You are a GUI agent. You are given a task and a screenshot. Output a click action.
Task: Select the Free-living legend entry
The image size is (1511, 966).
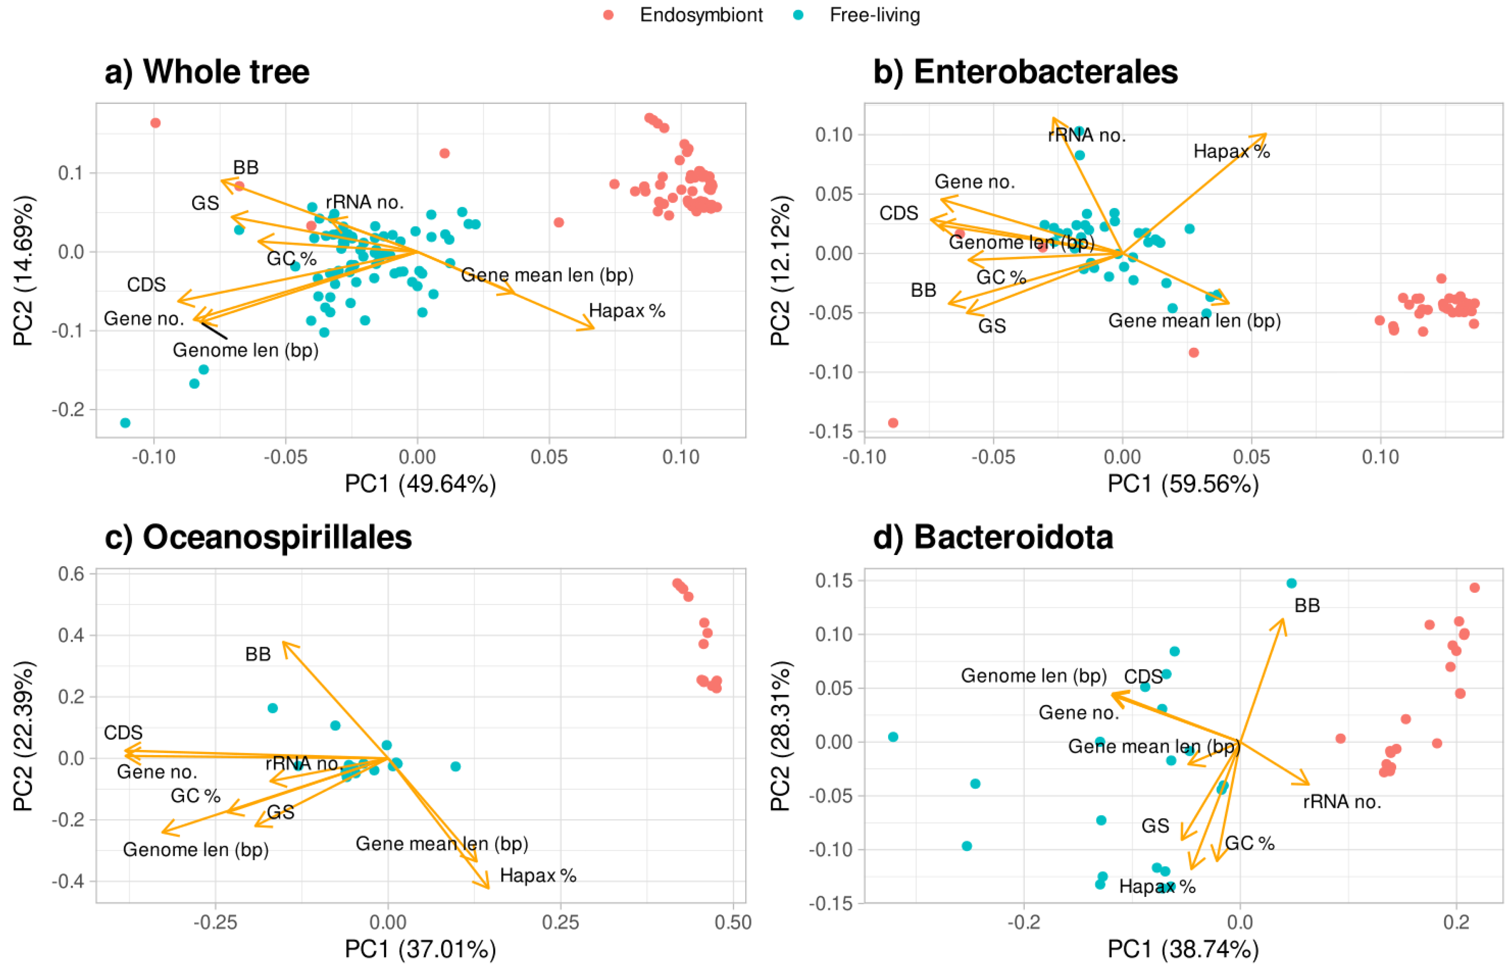[x=874, y=15]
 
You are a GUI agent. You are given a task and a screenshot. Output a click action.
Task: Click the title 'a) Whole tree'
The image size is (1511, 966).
[x=207, y=72]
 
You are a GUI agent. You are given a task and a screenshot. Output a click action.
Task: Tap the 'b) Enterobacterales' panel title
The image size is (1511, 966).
[x=1025, y=72]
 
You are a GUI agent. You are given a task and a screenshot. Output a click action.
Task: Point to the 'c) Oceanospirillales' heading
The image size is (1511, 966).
[x=258, y=537]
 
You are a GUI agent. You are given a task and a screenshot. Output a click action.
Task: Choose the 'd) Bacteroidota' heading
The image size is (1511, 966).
[x=993, y=537]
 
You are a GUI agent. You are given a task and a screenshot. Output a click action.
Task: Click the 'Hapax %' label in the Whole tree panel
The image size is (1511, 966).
[x=627, y=311]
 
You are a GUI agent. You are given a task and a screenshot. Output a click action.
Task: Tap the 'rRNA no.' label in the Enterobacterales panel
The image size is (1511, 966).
[x=1087, y=135]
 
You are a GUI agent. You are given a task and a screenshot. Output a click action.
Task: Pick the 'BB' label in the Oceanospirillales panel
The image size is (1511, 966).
[x=258, y=654]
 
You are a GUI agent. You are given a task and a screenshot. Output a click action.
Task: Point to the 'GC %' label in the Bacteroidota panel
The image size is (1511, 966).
[x=1249, y=843]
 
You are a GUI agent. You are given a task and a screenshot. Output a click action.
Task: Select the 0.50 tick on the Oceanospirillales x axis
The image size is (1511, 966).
[x=733, y=922]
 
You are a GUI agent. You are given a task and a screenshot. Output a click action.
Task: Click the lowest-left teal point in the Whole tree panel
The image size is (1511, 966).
[x=125, y=422]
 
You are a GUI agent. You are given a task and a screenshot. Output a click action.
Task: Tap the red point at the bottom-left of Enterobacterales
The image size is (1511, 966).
[x=893, y=422]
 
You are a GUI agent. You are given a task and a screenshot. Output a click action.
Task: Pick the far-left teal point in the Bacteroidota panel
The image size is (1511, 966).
[x=893, y=736]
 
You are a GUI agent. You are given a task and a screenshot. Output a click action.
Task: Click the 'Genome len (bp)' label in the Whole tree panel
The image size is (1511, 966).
[x=245, y=350]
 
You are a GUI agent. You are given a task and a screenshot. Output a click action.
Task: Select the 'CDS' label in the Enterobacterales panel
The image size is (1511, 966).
[x=899, y=214]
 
